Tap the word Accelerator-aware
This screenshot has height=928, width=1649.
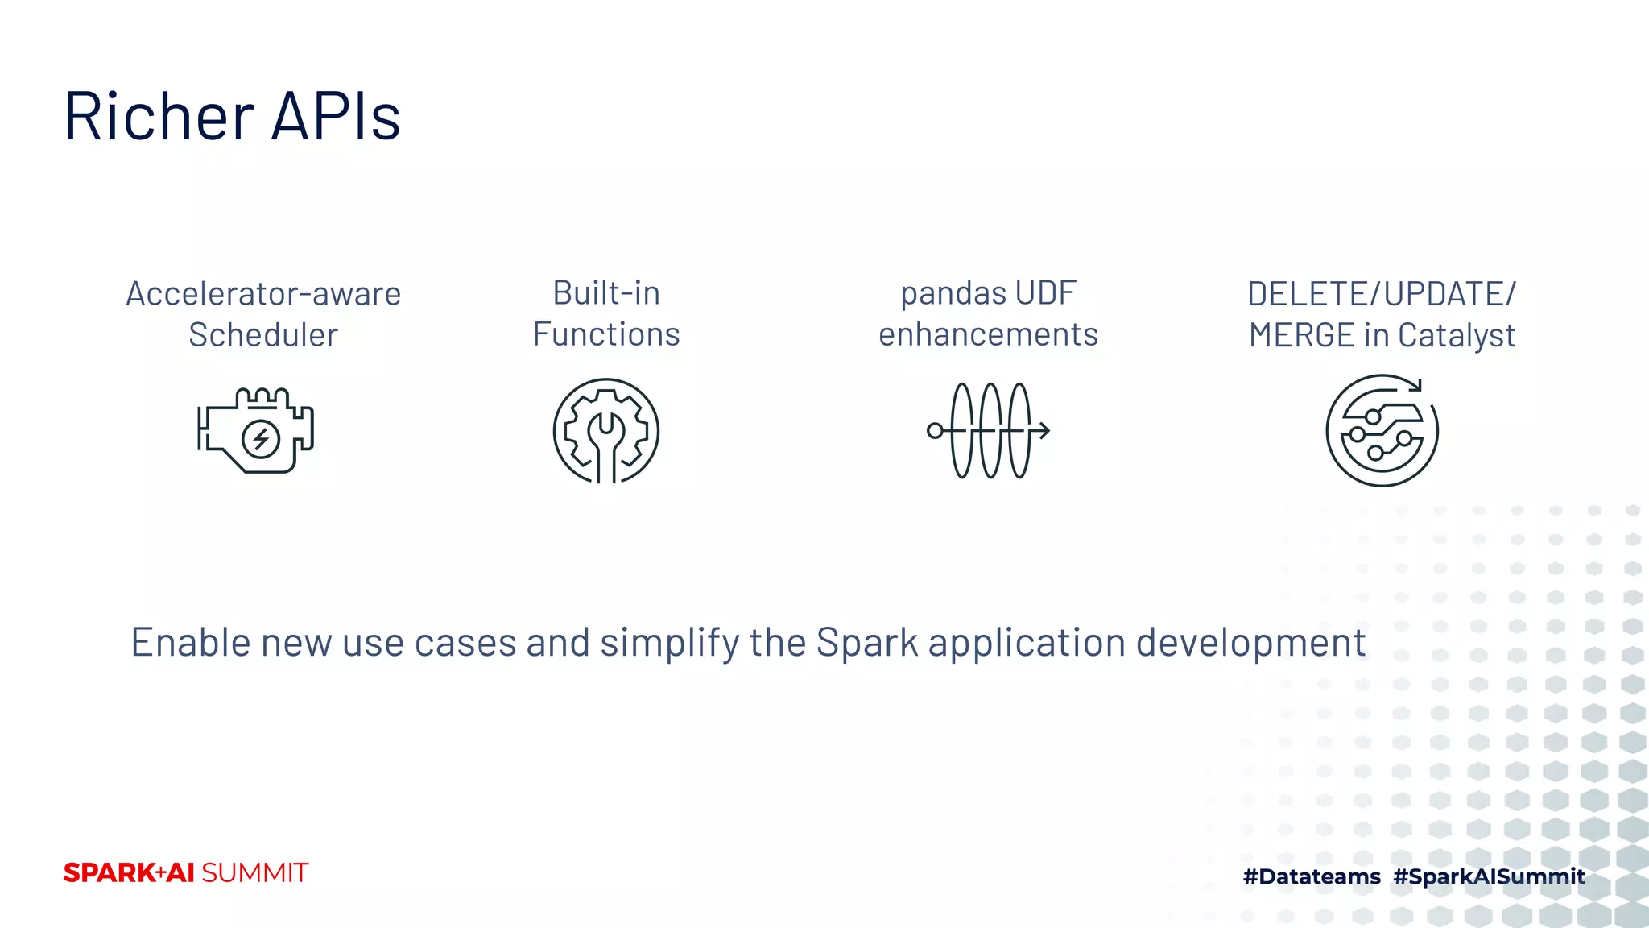[263, 294]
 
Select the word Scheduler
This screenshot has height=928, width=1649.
[263, 335]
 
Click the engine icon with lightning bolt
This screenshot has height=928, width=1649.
[255, 431]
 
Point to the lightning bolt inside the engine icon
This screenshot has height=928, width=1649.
[261, 439]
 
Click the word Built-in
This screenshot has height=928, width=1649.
[606, 293]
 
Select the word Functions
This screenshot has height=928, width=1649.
[606, 334]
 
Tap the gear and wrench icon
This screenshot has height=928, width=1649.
[606, 431]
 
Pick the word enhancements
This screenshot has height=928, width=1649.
[988, 334]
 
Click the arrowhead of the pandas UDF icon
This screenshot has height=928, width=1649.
[1044, 431]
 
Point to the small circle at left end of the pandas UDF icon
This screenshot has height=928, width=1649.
[935, 431]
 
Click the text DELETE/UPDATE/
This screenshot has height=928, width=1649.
[1382, 294]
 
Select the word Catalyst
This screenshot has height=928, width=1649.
[1457, 335]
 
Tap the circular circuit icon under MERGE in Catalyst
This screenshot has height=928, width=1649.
[1382, 431]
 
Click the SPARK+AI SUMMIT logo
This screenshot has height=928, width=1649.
[186, 873]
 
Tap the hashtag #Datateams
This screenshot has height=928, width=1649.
[1312, 876]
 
